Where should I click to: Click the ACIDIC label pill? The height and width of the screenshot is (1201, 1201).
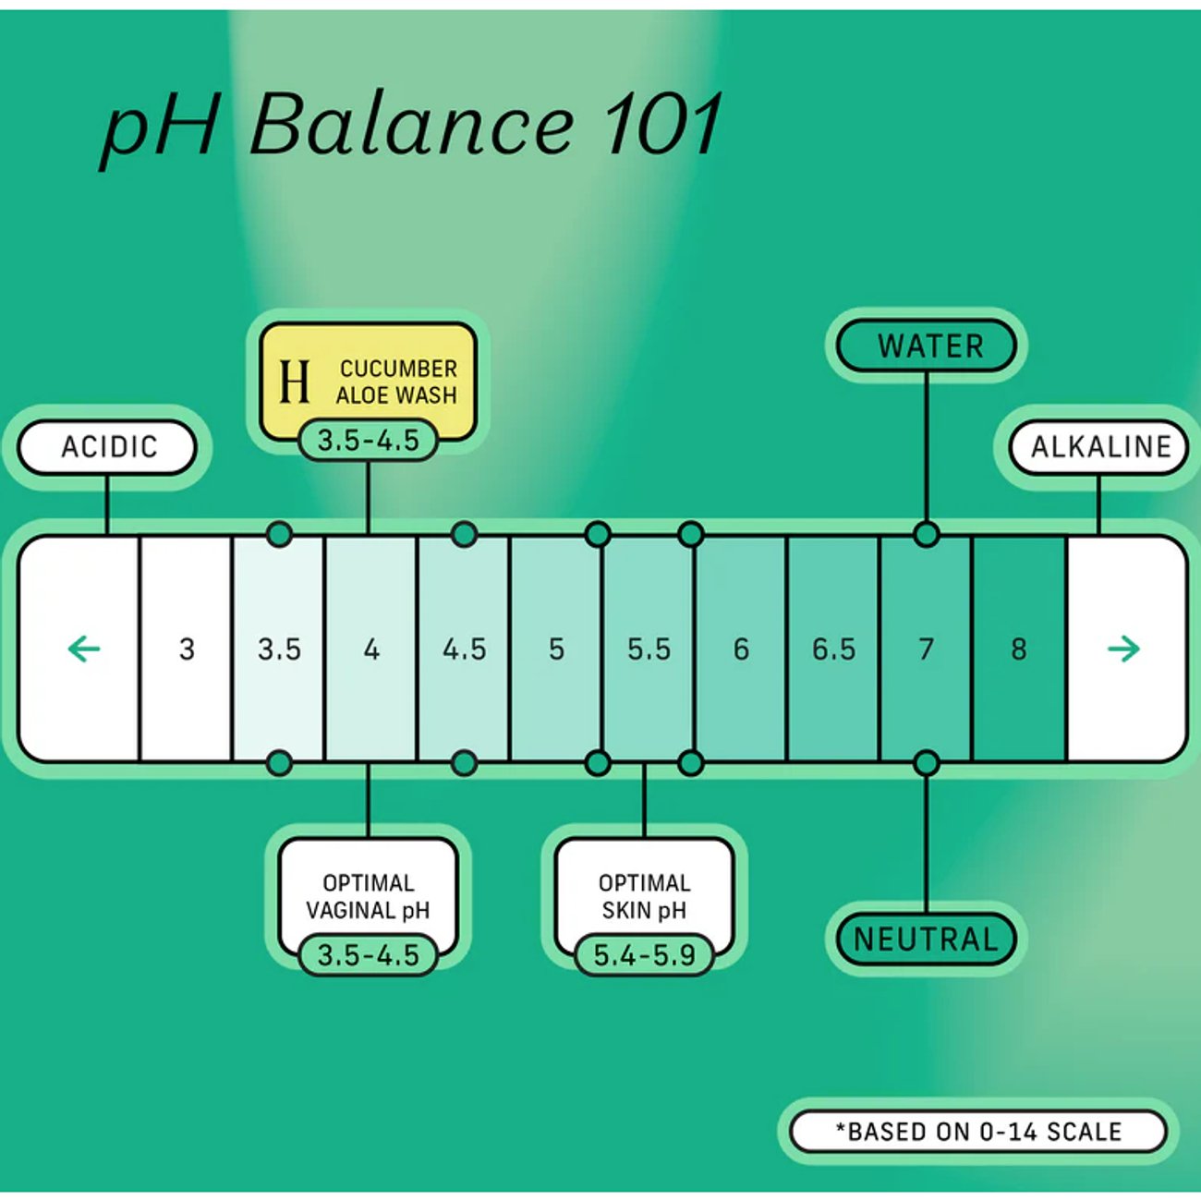pyautogui.click(x=107, y=447)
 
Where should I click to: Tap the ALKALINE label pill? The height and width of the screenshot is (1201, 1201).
pyautogui.click(x=1099, y=447)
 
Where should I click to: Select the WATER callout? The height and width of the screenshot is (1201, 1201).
pyautogui.click(x=926, y=346)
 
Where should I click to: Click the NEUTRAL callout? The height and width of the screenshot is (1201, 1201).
pyautogui.click(x=926, y=939)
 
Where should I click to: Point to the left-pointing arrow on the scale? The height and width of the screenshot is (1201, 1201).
pyautogui.click(x=84, y=649)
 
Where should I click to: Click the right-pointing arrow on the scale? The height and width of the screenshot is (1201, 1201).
pyautogui.click(x=1123, y=649)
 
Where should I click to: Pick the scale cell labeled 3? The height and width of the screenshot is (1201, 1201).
pyautogui.click(x=187, y=649)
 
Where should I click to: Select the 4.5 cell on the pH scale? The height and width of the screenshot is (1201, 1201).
pyautogui.click(x=464, y=649)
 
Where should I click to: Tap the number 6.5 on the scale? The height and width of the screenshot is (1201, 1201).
pyautogui.click(x=834, y=649)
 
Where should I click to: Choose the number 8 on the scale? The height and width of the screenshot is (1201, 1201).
pyautogui.click(x=1018, y=649)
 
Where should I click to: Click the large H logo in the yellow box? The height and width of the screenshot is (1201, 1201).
pyautogui.click(x=294, y=382)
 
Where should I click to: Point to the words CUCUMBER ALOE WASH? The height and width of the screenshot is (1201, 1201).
pyautogui.click(x=397, y=382)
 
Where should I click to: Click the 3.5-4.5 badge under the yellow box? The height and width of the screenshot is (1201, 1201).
pyautogui.click(x=368, y=441)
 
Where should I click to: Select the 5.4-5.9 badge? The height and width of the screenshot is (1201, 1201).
pyautogui.click(x=645, y=955)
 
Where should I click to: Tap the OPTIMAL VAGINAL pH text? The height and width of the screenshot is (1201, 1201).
pyautogui.click(x=368, y=897)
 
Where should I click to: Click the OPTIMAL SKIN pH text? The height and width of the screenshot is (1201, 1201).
pyautogui.click(x=645, y=897)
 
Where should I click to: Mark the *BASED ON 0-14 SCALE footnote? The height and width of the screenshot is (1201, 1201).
pyautogui.click(x=978, y=1131)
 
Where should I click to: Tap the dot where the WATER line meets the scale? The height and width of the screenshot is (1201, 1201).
pyautogui.click(x=926, y=534)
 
